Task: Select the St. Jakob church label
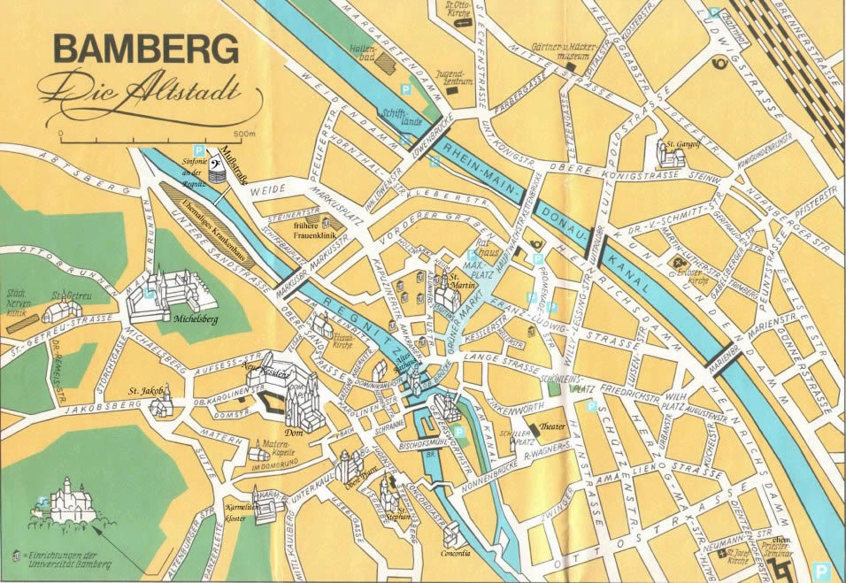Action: (142, 389)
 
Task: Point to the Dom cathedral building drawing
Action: (300, 403)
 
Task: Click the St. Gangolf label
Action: (683, 142)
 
